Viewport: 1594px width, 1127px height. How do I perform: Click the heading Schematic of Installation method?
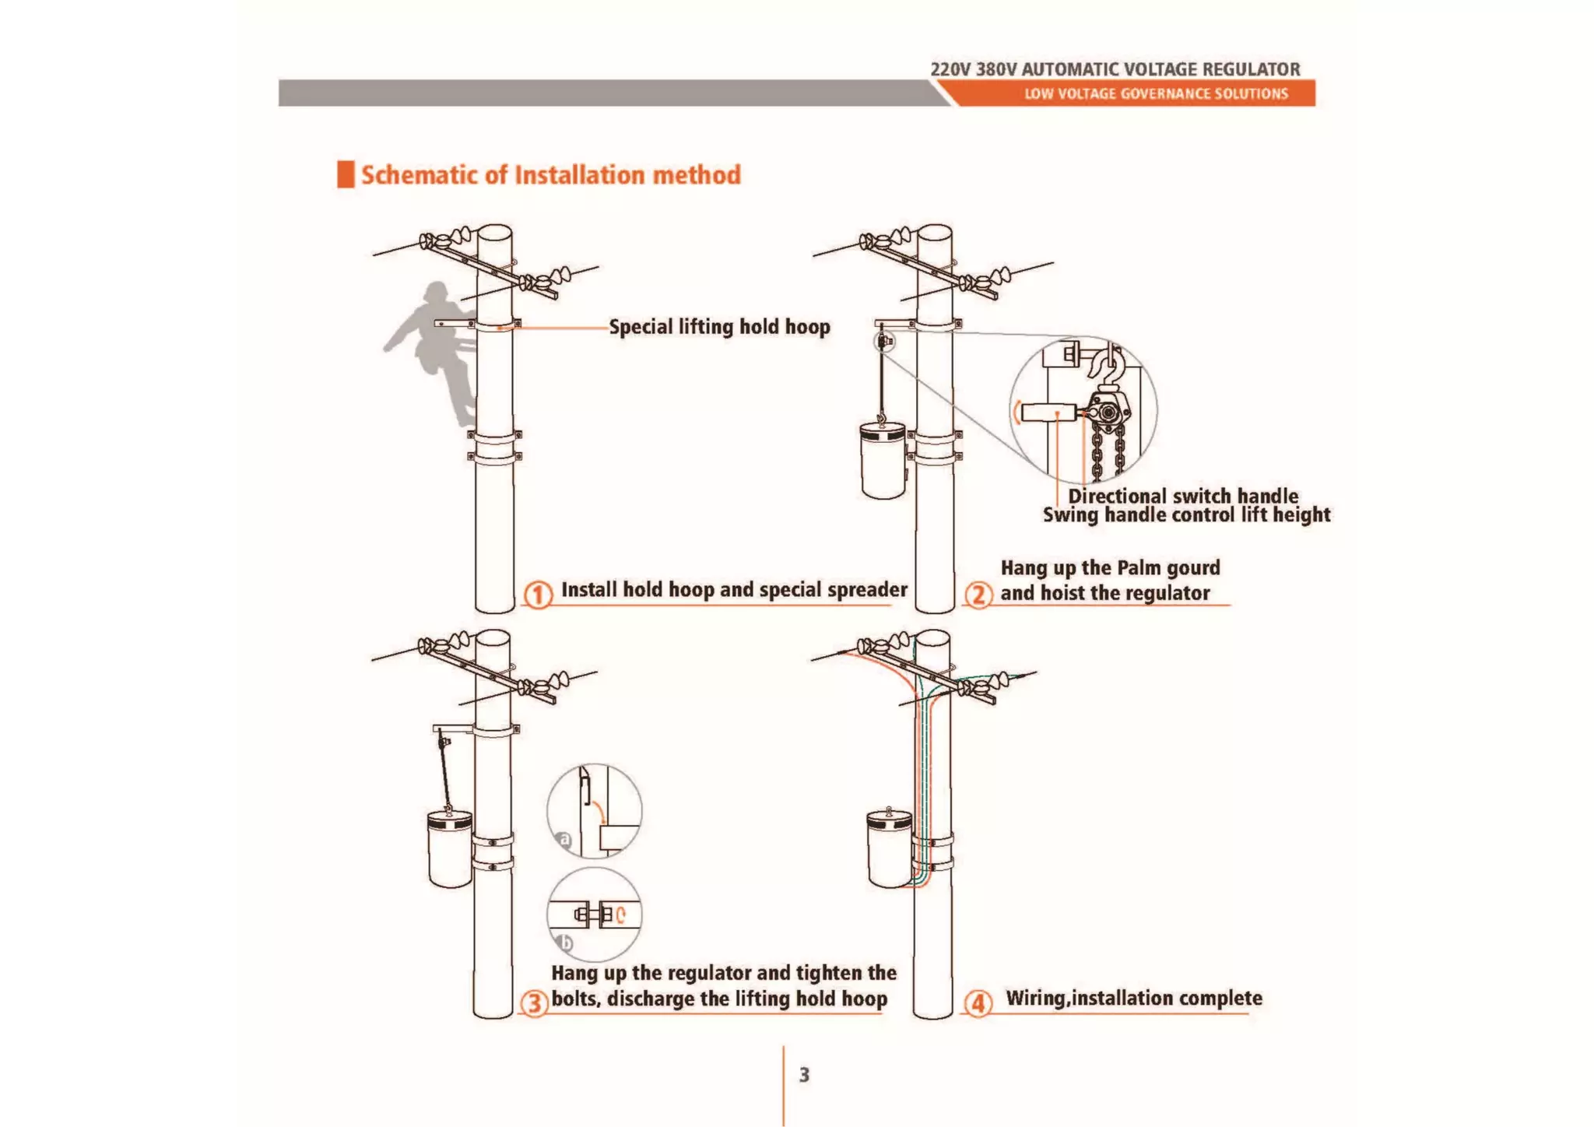coord(550,175)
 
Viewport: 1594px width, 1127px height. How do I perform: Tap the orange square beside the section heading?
coord(346,174)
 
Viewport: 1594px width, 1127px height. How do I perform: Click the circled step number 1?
coord(537,595)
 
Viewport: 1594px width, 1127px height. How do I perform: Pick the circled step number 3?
coord(534,1002)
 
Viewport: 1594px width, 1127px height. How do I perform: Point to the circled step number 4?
coord(978,1003)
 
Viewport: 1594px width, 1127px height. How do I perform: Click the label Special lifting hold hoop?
coord(719,327)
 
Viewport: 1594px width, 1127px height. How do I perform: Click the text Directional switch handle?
coord(1182,496)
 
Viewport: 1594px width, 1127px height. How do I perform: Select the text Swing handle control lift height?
coord(1186,514)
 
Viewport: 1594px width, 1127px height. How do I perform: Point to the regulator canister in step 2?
coord(883,460)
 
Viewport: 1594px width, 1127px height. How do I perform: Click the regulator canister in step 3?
coord(449,849)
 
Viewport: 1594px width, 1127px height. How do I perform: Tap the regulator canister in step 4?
coord(889,848)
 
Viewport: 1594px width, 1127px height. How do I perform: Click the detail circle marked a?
coord(595,811)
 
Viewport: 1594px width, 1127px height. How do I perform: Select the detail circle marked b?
coord(595,915)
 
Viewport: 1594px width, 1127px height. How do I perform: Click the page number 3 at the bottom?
coord(804,1075)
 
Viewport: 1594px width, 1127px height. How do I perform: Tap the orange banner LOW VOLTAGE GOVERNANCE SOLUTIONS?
coord(1156,94)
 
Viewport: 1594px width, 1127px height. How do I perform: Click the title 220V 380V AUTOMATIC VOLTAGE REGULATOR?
coord(1115,69)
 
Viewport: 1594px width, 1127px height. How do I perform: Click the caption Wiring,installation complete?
coord(1133,999)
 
